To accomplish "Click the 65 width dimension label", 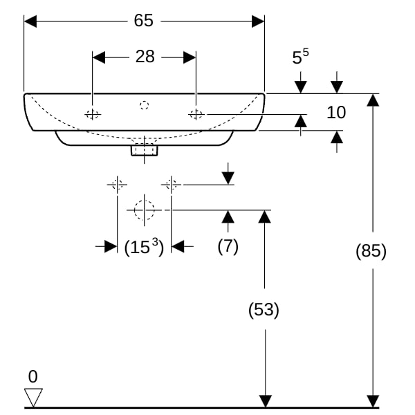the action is (x=143, y=20).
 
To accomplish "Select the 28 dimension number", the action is (x=145, y=57).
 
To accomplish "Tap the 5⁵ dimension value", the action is (x=300, y=56).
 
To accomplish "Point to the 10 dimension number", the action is (x=336, y=112).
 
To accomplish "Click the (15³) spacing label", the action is (x=145, y=247).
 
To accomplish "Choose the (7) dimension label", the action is (x=228, y=246).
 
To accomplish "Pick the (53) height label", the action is (x=264, y=309).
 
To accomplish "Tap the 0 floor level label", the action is (x=33, y=376).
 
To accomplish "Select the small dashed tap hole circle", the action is (x=144, y=105).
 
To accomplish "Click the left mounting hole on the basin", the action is (x=93, y=115).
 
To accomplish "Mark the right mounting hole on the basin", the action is (x=196, y=115).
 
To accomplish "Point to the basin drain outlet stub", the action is (x=145, y=150).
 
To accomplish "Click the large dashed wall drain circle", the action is (x=145, y=210).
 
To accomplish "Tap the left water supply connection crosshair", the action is (x=118, y=185).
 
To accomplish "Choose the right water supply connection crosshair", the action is (x=172, y=185).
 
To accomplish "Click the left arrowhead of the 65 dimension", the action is (x=30, y=21).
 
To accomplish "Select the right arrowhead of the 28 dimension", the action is (x=190, y=57).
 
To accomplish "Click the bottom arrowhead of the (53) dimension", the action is (x=265, y=401).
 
